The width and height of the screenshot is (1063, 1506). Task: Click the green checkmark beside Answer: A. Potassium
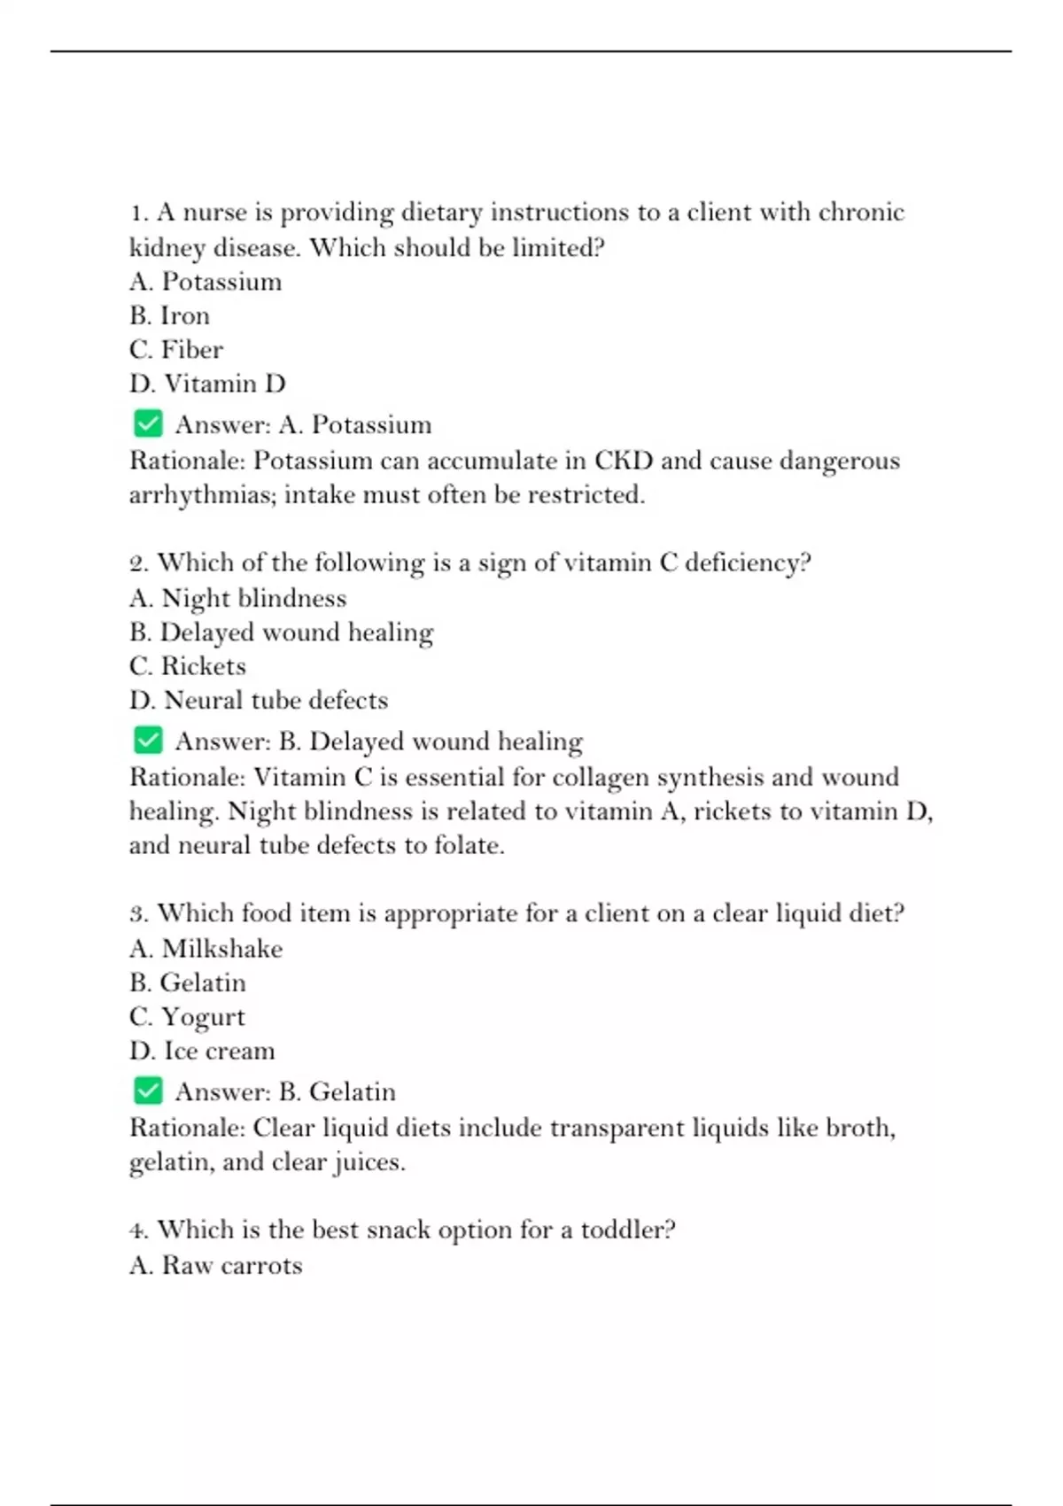coord(148,423)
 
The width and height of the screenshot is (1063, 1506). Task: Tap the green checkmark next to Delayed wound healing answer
coord(148,740)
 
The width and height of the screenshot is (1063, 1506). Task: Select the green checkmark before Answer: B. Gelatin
coord(148,1091)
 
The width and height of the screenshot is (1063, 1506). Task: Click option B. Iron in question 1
coord(169,315)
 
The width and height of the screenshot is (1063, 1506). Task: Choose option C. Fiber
coord(175,349)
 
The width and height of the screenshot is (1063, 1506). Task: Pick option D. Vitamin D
coord(207,384)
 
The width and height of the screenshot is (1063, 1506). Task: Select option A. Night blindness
coord(237,598)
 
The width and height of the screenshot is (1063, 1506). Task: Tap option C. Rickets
coord(187,666)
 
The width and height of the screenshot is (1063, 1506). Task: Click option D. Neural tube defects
coord(258,700)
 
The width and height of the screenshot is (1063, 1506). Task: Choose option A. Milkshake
coord(206,949)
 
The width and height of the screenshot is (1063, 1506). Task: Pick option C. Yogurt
coord(187,1017)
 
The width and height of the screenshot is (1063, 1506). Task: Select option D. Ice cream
coord(202,1051)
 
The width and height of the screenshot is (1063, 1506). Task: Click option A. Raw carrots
coord(215,1265)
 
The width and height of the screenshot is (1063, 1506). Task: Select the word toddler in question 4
coord(627,1230)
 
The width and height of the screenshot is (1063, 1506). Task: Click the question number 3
coord(138,913)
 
